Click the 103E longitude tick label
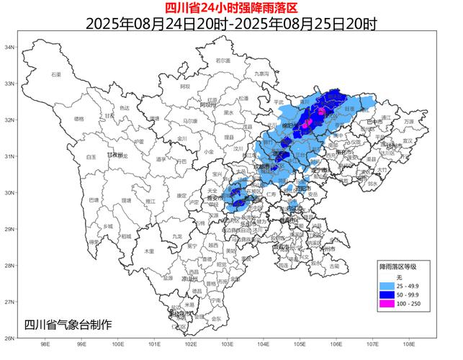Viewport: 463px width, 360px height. pyautogui.click(x=227, y=344)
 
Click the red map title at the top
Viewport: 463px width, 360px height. pyautogui.click(x=230, y=8)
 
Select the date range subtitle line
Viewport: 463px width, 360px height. pyautogui.click(x=230, y=23)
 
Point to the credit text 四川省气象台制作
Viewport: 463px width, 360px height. pyautogui.click(x=68, y=324)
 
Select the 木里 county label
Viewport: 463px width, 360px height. pyautogui.click(x=148, y=251)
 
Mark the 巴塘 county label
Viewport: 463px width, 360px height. pyautogui.click(x=94, y=199)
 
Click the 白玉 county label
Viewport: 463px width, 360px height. pyautogui.click(x=91, y=156)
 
